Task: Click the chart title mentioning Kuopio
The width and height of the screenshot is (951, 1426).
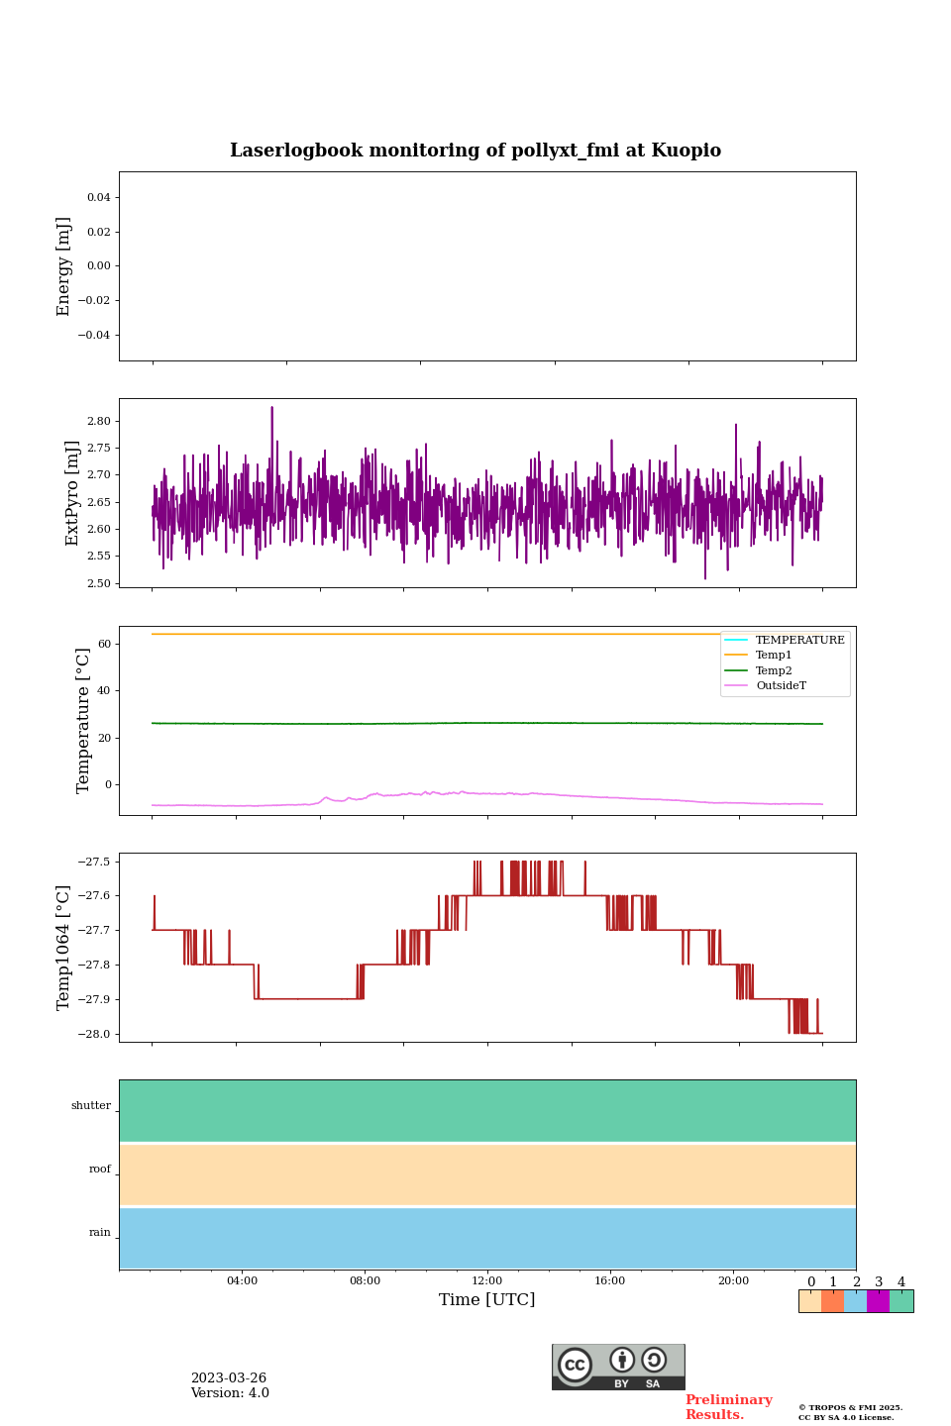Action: (x=475, y=151)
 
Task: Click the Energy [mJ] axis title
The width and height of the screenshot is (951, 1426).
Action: (x=64, y=266)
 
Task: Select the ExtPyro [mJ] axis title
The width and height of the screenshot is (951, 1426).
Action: (x=72, y=493)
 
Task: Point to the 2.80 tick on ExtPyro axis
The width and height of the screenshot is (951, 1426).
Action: (x=99, y=421)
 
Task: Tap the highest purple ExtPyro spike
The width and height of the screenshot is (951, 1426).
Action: (x=271, y=408)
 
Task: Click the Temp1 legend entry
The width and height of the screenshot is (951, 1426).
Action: (x=774, y=656)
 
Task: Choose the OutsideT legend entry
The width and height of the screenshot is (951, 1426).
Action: (x=781, y=686)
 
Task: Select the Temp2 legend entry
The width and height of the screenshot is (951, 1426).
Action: (x=774, y=670)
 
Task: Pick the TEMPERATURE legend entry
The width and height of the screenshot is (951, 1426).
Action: (x=799, y=640)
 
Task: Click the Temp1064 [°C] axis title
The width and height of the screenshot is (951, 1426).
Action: (x=64, y=948)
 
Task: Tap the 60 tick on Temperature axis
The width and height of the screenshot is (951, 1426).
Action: (x=104, y=644)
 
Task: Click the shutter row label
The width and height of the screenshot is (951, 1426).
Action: (x=91, y=1106)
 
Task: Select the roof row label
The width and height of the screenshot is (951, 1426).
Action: (x=100, y=1170)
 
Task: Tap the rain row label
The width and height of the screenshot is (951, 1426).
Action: (x=100, y=1233)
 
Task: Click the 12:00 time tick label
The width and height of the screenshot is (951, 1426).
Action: (x=487, y=1280)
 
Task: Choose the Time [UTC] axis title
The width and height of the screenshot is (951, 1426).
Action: (x=487, y=1300)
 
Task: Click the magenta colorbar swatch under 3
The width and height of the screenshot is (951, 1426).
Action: (x=878, y=1301)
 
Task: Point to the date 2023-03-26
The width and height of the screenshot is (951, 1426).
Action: (x=229, y=1378)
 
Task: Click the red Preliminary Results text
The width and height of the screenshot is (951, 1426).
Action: (x=728, y=1407)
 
